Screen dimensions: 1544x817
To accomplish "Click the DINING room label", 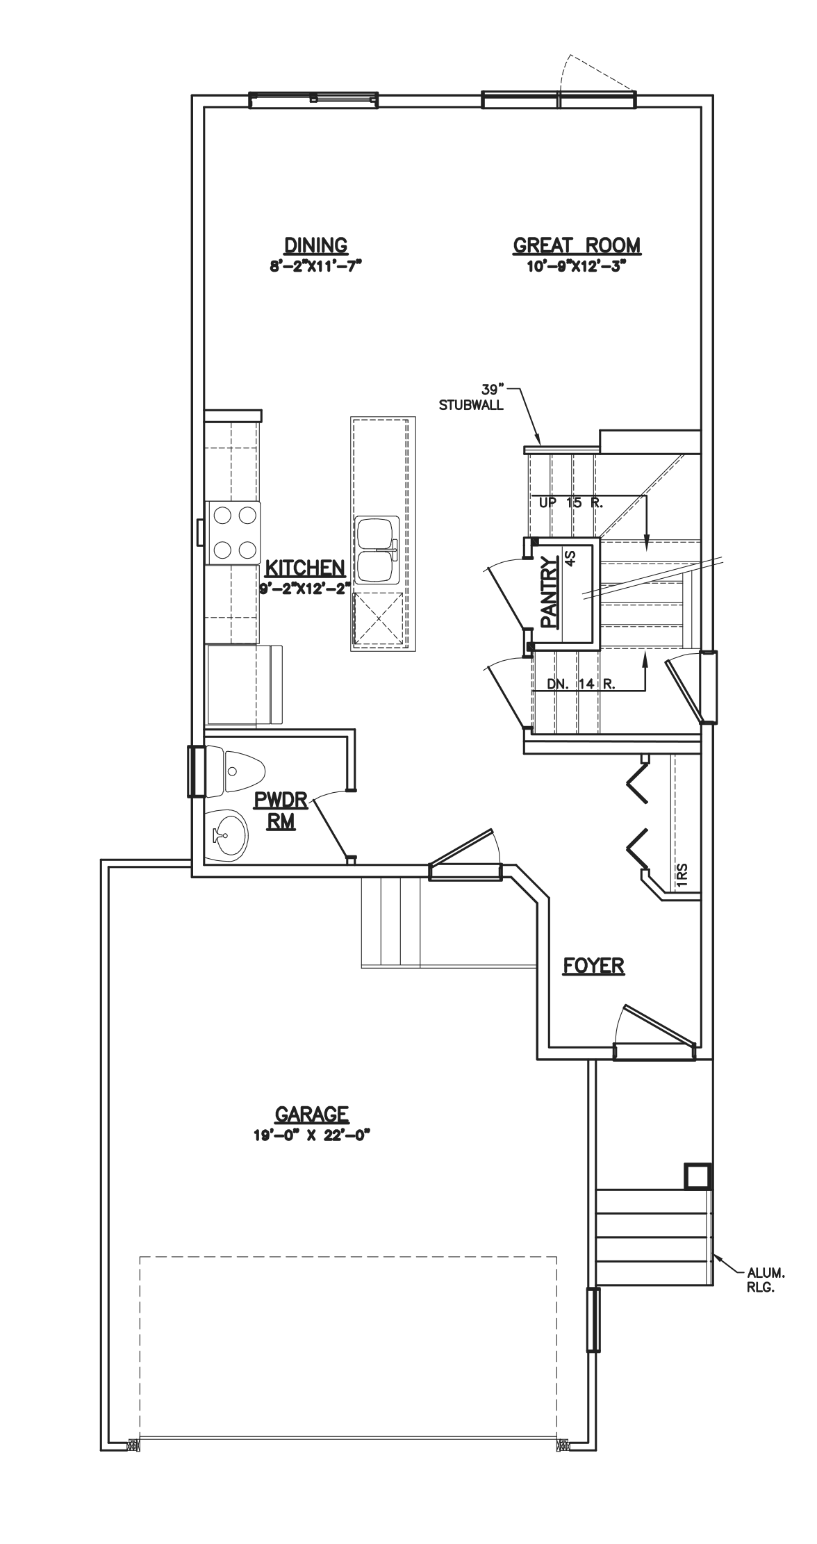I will pyautogui.click(x=316, y=245).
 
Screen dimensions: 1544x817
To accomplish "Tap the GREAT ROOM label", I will pyautogui.click(x=577, y=245).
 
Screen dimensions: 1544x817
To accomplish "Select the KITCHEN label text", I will pyautogui.click(x=305, y=568).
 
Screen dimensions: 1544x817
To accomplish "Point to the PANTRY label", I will pyautogui.click(x=550, y=592).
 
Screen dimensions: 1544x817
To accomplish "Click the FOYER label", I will pyautogui.click(x=593, y=966).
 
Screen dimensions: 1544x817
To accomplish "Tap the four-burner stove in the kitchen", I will pyautogui.click(x=233, y=532).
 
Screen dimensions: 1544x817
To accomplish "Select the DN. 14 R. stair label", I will pyautogui.click(x=581, y=684).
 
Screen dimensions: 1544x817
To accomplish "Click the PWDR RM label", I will pyautogui.click(x=280, y=810).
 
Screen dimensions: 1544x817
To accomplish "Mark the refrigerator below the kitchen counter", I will pyautogui.click(x=245, y=685).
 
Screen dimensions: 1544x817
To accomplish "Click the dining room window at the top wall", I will pyautogui.click(x=313, y=101).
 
